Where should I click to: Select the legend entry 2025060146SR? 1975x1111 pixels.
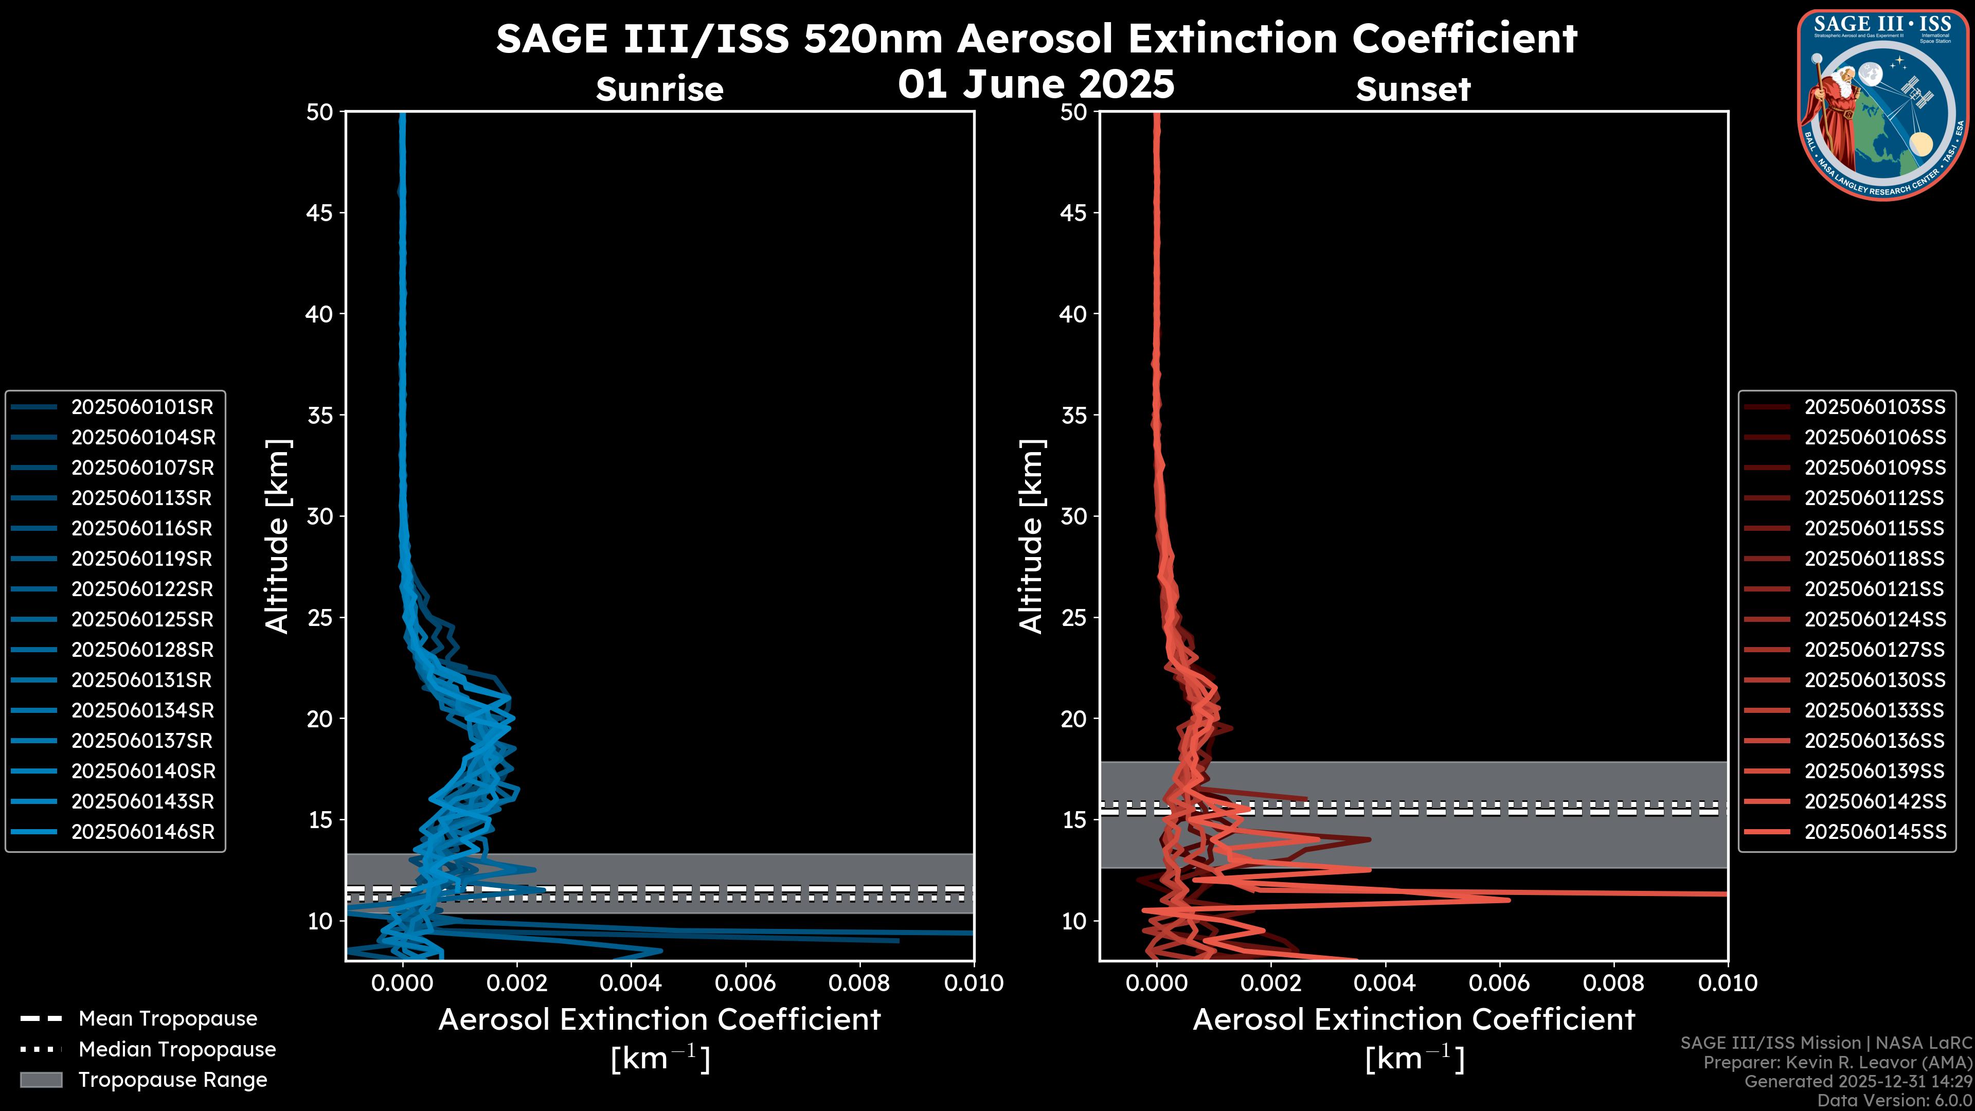coord(142,832)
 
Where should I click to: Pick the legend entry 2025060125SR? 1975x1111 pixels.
coord(142,619)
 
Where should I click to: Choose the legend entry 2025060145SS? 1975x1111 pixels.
coord(1875,832)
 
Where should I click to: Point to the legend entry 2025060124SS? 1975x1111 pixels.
coord(1875,619)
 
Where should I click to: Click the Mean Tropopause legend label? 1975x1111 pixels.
coord(168,1019)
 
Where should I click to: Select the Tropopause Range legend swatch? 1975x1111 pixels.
coord(41,1080)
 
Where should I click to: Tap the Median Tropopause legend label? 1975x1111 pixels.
coord(177,1050)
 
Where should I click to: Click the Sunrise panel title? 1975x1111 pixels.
coord(659,89)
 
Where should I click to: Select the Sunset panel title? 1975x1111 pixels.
coord(1413,89)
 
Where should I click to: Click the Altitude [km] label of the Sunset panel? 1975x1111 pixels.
coord(1032,536)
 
